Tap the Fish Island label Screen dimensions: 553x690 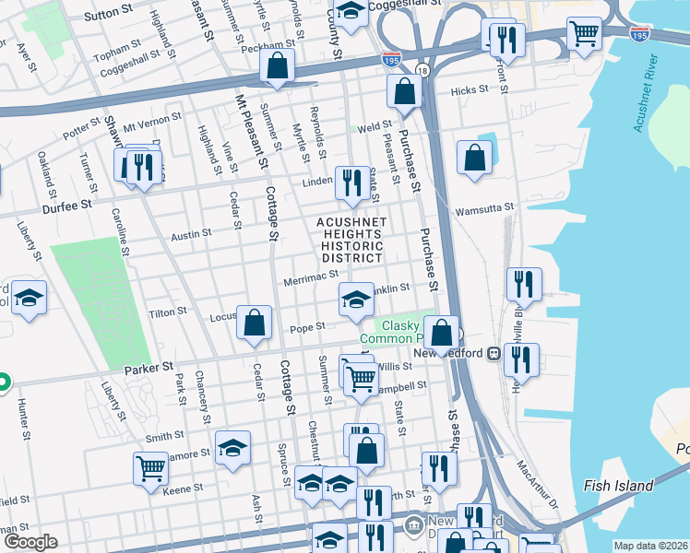tap(619, 486)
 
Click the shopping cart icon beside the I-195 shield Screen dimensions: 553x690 tap(584, 34)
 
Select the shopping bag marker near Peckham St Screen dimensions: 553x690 tap(277, 65)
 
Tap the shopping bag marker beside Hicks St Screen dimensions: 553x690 tap(404, 91)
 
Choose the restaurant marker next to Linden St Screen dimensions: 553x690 tap(351, 182)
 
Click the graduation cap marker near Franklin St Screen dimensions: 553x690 tap(356, 299)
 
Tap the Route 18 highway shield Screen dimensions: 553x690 tap(422, 71)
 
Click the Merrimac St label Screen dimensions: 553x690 tap(309, 278)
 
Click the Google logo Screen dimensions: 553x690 tap(30, 541)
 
